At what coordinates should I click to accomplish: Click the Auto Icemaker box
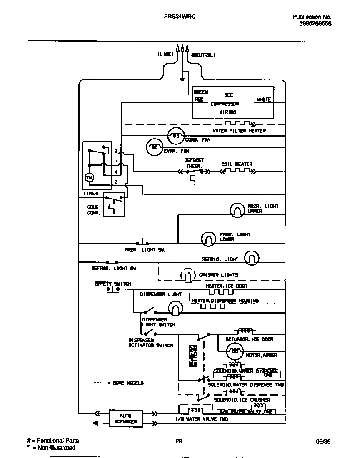coord(126,418)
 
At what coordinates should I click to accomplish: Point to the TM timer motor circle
coord(89,178)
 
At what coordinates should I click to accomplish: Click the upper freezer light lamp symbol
coord(237,210)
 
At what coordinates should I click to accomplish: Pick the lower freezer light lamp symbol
coord(208,238)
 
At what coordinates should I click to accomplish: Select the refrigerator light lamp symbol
coord(251,259)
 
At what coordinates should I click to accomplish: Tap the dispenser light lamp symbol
coord(175,309)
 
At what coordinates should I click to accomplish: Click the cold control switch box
coord(114,204)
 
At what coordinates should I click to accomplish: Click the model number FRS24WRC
coord(180,17)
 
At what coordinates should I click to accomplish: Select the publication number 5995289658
coord(315,24)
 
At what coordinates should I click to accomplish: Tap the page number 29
coord(179,441)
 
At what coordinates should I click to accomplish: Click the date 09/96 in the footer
coord(323,441)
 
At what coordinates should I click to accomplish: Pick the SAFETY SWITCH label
coord(112,284)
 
